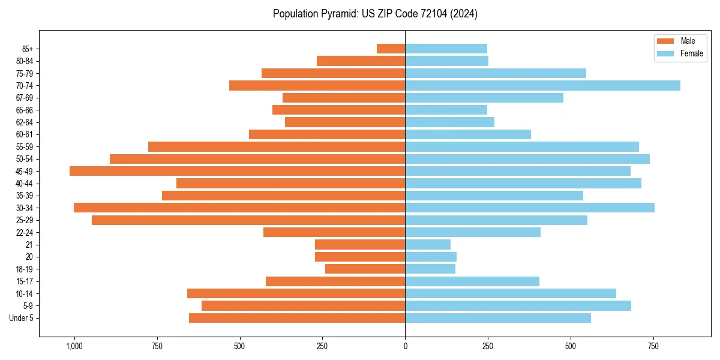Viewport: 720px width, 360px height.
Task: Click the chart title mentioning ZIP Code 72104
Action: click(375, 14)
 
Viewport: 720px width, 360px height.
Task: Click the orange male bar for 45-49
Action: click(237, 171)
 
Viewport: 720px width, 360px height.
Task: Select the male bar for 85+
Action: click(391, 49)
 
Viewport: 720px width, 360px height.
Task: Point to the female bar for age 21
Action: click(428, 244)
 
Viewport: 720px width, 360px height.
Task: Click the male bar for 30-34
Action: click(239, 208)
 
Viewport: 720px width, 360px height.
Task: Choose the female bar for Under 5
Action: click(498, 318)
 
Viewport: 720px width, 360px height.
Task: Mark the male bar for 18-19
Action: click(365, 269)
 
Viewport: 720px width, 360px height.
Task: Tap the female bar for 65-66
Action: click(446, 110)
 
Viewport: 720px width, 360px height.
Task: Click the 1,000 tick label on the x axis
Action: click(74, 346)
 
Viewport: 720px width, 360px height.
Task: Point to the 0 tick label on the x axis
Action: click(405, 346)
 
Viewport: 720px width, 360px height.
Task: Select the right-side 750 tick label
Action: click(653, 346)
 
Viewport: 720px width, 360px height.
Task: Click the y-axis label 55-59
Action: click(25, 146)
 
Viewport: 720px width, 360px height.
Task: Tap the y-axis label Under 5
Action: click(21, 318)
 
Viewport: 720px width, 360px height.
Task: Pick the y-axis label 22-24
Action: click(25, 232)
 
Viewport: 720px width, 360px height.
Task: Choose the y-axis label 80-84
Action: click(25, 61)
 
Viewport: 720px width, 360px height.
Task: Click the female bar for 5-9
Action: click(518, 305)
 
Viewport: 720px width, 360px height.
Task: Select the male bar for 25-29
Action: click(248, 220)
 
